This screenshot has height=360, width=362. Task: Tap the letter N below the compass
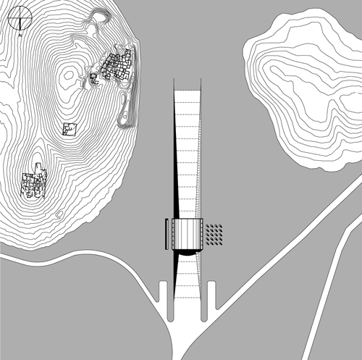(x=20, y=35)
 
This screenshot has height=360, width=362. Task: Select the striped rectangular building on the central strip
(x=187, y=234)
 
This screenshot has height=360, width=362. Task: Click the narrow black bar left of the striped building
(x=167, y=234)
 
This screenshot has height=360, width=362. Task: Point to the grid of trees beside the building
(x=214, y=235)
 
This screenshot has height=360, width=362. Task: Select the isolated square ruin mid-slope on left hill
(x=70, y=129)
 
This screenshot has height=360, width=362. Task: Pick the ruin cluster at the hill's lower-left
(x=34, y=181)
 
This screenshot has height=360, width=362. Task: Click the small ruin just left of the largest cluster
(x=94, y=79)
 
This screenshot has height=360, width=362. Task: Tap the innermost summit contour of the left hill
(x=68, y=75)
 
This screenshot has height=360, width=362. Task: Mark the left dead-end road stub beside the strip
(x=163, y=292)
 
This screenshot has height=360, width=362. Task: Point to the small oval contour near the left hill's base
(x=59, y=214)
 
